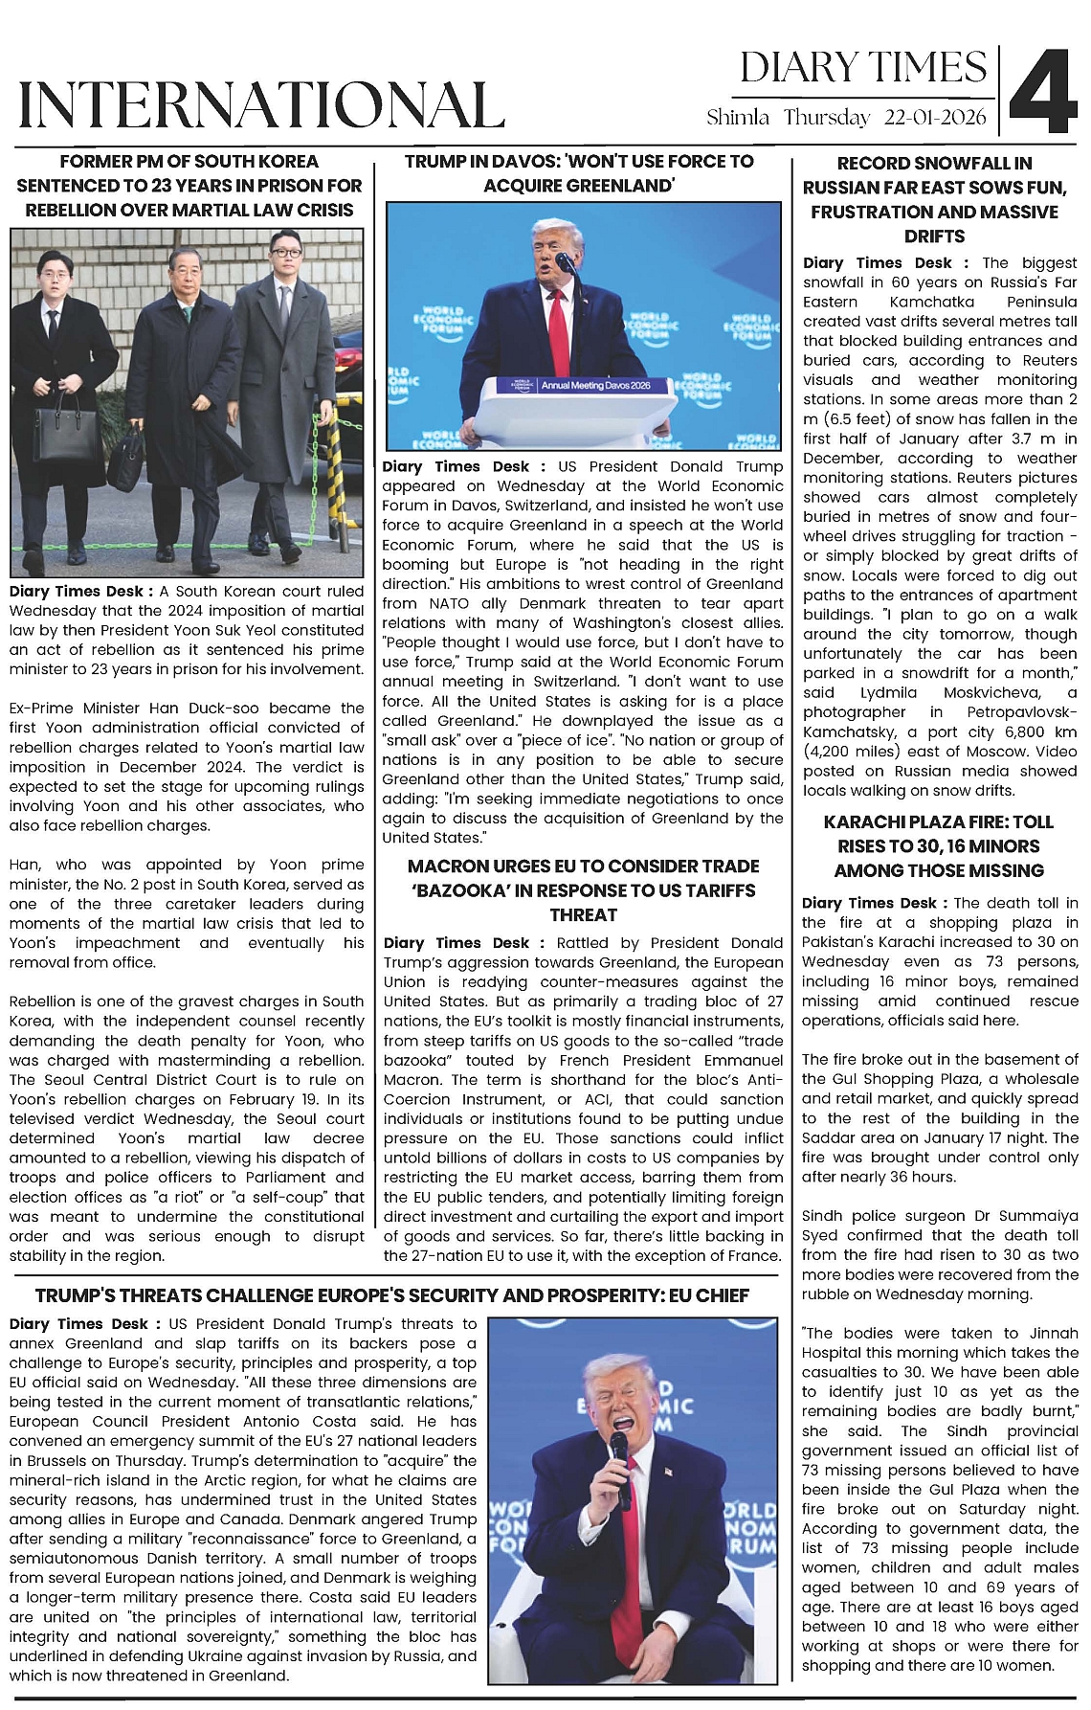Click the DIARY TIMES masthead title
pyautogui.click(x=863, y=68)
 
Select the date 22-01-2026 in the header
pyautogui.click(x=935, y=118)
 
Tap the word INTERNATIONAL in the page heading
pyautogui.click(x=261, y=105)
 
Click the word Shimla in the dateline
pyautogui.click(x=738, y=118)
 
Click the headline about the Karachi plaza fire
pyautogui.click(x=938, y=846)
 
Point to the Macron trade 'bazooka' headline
pyautogui.click(x=583, y=890)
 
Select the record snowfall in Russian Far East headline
pyautogui.click(x=934, y=199)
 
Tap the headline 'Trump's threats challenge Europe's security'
pyautogui.click(x=391, y=1295)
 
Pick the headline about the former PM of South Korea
pyautogui.click(x=189, y=186)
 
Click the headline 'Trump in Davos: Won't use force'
pyautogui.click(x=579, y=173)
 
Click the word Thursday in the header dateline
pyautogui.click(x=826, y=118)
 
